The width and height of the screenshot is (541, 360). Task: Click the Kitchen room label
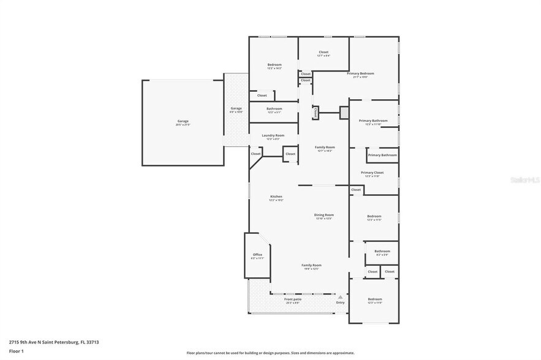pyautogui.click(x=276, y=197)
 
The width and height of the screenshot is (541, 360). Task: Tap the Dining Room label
pyautogui.click(x=323, y=215)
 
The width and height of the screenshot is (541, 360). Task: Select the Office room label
pyautogui.click(x=257, y=255)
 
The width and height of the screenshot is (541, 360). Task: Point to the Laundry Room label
pyautogui.click(x=273, y=135)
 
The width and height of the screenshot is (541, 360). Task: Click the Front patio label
pyautogui.click(x=292, y=299)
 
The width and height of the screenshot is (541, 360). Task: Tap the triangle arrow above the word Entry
pyautogui.click(x=340, y=296)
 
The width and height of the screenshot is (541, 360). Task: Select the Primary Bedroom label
pyautogui.click(x=360, y=73)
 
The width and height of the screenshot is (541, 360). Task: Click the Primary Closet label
pyautogui.click(x=372, y=173)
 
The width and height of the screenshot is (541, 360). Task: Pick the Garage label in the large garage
pyautogui.click(x=183, y=121)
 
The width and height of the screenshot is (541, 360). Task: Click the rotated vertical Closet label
pyautogui.click(x=316, y=113)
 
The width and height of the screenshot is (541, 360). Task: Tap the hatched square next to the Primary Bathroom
pyautogui.click(x=344, y=113)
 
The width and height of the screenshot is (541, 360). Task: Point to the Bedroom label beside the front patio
pyautogui.click(x=374, y=299)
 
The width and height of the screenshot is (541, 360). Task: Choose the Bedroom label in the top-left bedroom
pyautogui.click(x=274, y=65)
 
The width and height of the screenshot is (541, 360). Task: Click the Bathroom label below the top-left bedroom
pyautogui.click(x=274, y=109)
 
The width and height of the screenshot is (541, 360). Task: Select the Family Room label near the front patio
pyautogui.click(x=311, y=265)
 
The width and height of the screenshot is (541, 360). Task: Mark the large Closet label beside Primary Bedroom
pyautogui.click(x=323, y=53)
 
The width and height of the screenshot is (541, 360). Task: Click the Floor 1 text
pyautogui.click(x=16, y=351)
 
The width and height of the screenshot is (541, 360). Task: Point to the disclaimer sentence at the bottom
pyautogui.click(x=270, y=353)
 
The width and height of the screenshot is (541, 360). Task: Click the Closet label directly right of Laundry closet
pyautogui.click(x=290, y=154)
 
